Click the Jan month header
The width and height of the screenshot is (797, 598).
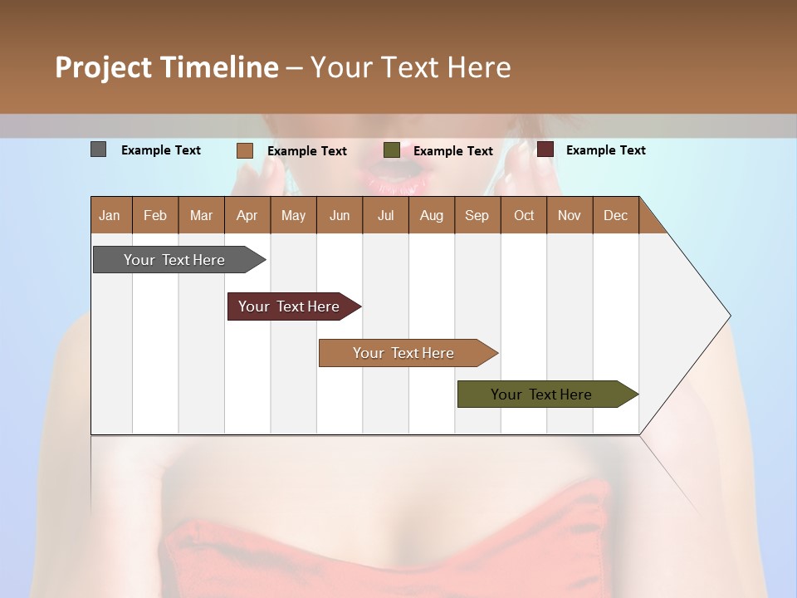pos(110,215)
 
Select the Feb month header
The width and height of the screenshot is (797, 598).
pos(155,215)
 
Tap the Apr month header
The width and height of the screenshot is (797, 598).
pos(247,215)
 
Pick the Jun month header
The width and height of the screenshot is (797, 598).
pos(340,215)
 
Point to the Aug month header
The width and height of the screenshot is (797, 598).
pos(432,215)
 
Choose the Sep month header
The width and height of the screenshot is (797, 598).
pos(477,215)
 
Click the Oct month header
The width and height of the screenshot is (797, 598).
pos(524,215)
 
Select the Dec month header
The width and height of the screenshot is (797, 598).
pos(616,215)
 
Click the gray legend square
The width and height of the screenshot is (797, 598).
pos(98,149)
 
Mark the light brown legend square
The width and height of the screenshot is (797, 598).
pos(244,150)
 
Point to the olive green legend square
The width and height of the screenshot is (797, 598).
pos(392,150)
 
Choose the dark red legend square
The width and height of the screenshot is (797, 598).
pos(545,149)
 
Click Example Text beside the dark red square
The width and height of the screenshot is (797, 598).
pos(605,150)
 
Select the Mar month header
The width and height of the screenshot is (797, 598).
pos(201,215)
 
